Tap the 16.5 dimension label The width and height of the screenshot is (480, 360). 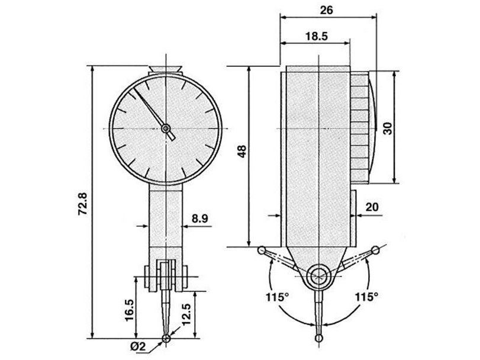[x=129, y=310]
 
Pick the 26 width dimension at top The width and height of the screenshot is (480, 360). [x=326, y=10]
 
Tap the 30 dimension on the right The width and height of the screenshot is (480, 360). [x=388, y=127]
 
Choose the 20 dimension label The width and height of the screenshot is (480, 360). [x=372, y=207]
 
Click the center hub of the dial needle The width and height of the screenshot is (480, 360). [x=166, y=128]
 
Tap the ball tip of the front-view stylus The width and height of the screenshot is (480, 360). [x=166, y=339]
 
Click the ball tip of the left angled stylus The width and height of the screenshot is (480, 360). [x=261, y=250]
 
